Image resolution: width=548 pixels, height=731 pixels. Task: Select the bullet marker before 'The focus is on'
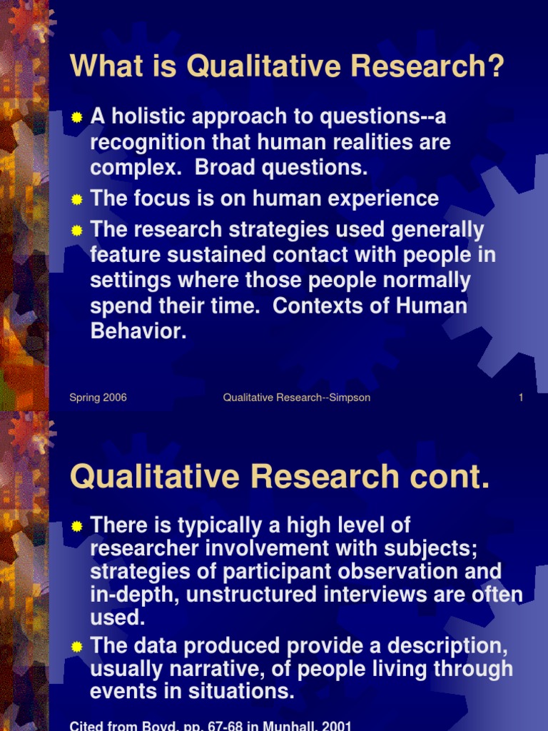pyautogui.click(x=77, y=200)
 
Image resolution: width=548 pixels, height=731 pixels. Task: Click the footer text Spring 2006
pyautogui.click(x=98, y=398)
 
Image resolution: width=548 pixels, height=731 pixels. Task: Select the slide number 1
pyautogui.click(x=521, y=398)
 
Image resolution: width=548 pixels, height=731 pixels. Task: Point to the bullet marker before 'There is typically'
pyautogui.click(x=77, y=527)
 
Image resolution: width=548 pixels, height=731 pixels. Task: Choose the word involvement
pyautogui.click(x=257, y=549)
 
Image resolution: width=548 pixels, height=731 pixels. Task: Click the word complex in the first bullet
pyautogui.click(x=131, y=168)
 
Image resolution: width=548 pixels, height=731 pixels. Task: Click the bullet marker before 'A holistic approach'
pyautogui.click(x=77, y=117)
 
